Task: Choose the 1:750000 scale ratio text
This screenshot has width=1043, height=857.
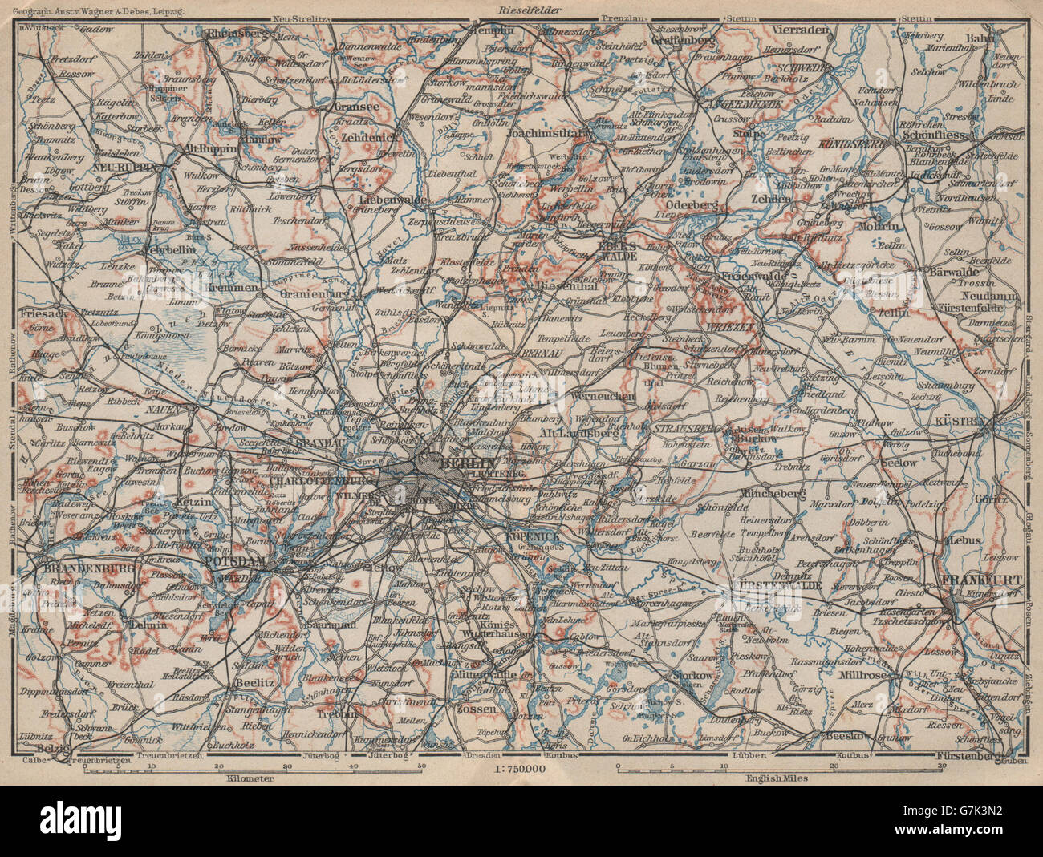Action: [x=521, y=770]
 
